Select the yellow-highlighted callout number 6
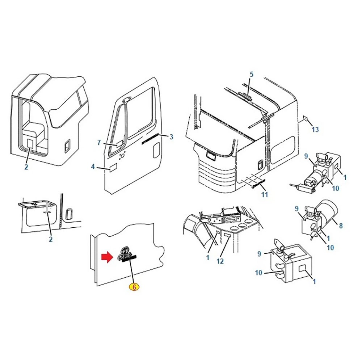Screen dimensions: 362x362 pos(134,287)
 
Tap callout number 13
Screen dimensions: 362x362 pos(315,129)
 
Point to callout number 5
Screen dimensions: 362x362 pos(252,75)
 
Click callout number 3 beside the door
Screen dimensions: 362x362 pos(171,137)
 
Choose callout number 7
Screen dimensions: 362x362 pos(99,143)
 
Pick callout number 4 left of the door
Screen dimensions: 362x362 pos(93,167)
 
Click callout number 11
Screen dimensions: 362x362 pos(265,195)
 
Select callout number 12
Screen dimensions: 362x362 pos(220,261)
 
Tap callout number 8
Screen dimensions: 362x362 pos(341,226)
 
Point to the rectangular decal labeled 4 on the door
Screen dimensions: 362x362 pos(113,168)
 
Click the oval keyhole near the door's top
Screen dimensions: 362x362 pos(126,100)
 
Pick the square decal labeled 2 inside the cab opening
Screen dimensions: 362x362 pos(30,143)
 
